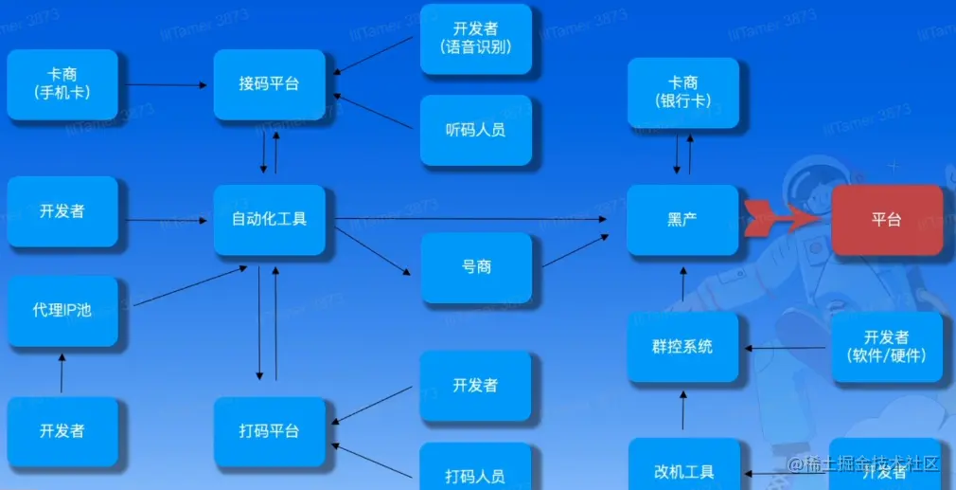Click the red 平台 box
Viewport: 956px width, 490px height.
887,220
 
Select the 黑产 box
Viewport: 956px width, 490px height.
682,220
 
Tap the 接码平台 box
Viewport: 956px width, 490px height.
269,84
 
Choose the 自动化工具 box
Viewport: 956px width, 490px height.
269,220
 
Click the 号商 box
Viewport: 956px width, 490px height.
476,267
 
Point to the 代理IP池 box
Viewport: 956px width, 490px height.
62,310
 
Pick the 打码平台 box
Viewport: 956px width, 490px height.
269,431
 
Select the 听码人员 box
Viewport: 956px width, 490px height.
476,130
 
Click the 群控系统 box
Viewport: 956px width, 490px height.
682,347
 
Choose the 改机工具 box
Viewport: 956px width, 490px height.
682,470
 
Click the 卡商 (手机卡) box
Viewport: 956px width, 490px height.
62,84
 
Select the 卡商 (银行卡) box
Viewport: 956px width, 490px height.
682,92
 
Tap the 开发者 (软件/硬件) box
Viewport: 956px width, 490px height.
887,347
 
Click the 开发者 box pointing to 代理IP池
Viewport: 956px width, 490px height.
62,431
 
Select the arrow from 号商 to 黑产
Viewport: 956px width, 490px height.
575,250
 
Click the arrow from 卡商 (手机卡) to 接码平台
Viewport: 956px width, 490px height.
166,84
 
